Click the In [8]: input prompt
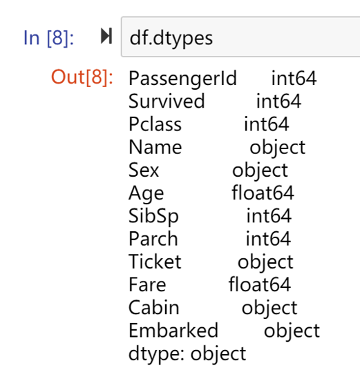coord(48,38)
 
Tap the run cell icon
coord(106,36)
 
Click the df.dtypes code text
coord(171,39)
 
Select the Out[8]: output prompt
coord(82,77)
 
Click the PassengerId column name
coord(182,79)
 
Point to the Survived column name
coord(167,101)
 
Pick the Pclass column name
coord(155,124)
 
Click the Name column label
coord(155,147)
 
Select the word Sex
coord(144,170)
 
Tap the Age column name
coord(146,193)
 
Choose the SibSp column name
coord(153,216)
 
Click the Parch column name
coord(153,239)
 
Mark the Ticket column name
coord(155,262)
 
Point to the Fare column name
coord(147,284)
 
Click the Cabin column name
coord(154,307)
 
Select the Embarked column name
coord(173,331)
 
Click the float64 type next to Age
coord(263,193)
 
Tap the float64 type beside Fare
coord(260,284)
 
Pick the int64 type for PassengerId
coord(294,78)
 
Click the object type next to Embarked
coord(292,331)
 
